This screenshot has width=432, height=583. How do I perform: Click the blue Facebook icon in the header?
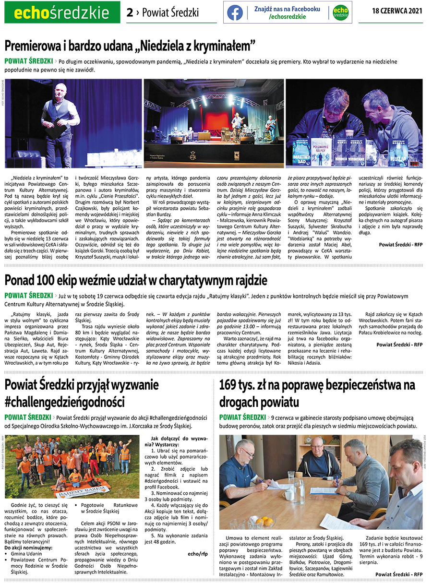235,12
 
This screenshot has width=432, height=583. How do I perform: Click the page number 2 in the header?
130,12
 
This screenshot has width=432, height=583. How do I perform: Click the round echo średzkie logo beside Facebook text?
340,12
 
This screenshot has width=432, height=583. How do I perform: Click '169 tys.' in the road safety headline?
240,385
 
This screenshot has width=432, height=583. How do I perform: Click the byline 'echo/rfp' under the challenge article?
197,553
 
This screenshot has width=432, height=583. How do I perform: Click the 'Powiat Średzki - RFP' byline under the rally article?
399,344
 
